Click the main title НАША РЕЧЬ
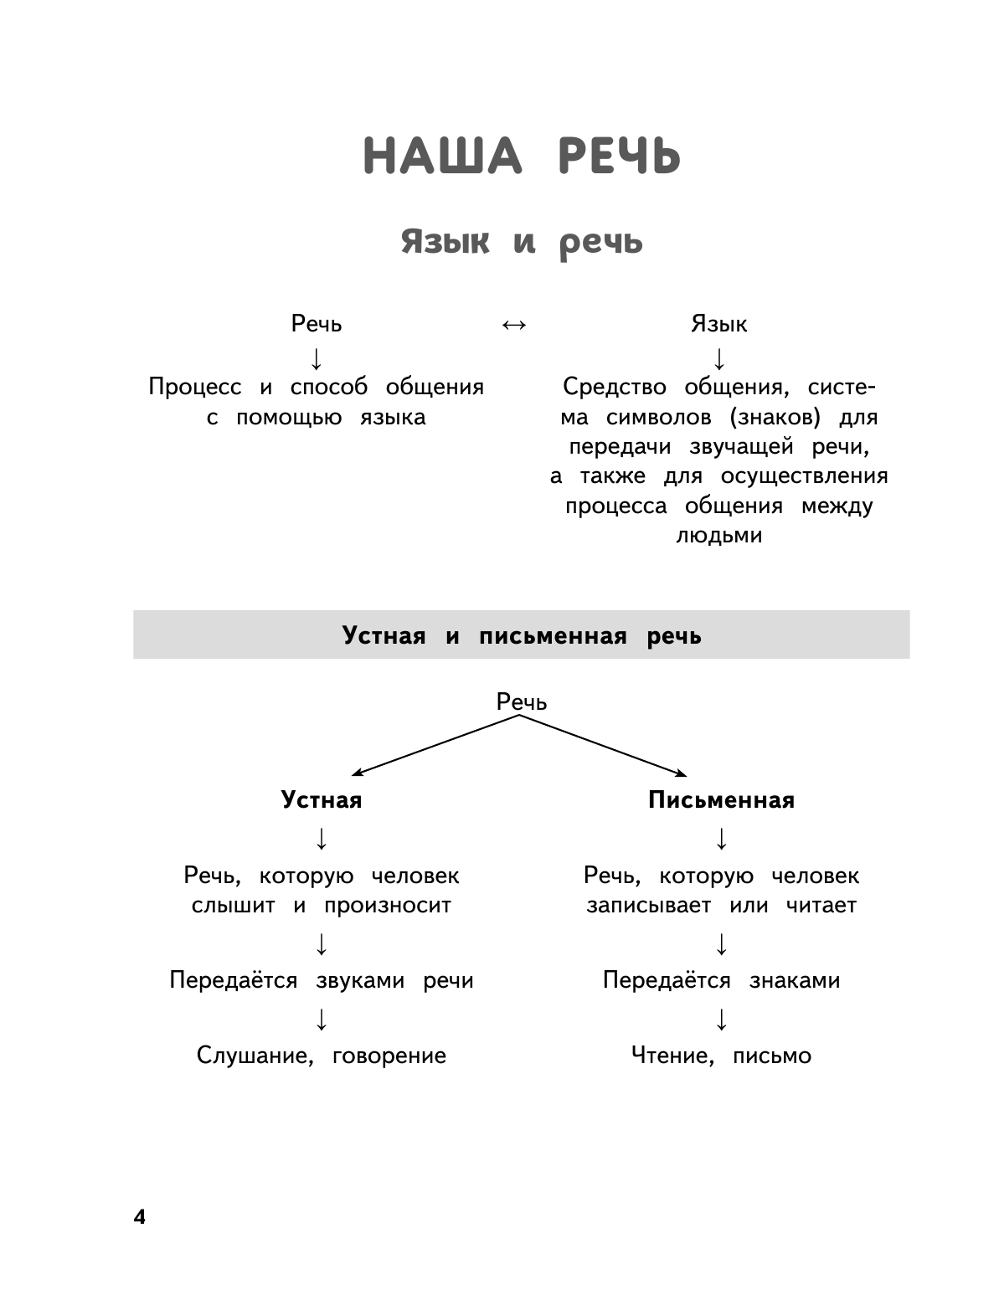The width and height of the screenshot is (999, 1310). (522, 157)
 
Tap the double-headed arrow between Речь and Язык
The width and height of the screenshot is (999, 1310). (513, 325)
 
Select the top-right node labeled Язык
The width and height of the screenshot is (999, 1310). (718, 324)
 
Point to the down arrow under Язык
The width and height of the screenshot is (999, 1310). (718, 358)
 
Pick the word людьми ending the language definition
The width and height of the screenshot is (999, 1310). (718, 535)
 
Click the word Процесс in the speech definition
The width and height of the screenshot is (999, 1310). (195, 387)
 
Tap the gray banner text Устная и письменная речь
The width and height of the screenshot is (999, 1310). (521, 635)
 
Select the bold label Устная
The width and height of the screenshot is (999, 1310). (322, 800)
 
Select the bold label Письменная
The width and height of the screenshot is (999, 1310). (721, 800)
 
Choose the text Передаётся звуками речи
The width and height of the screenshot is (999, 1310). (322, 980)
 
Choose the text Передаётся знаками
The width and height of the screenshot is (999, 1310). (721, 980)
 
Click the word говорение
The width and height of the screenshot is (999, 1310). (389, 1056)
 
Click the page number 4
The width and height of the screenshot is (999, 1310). (139, 1217)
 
